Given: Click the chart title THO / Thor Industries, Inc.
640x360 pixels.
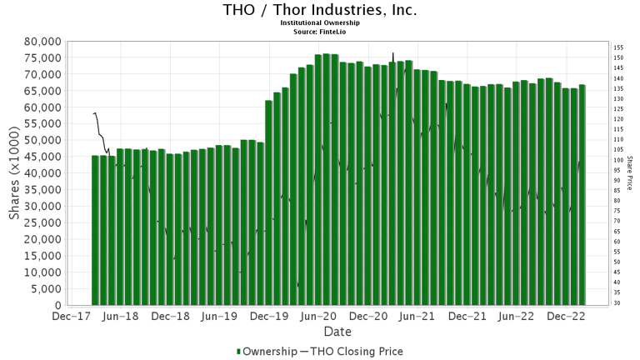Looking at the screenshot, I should pos(320,10).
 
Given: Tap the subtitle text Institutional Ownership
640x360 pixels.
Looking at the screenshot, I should pos(320,23).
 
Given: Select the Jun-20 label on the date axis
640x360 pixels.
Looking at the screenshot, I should pos(319,317).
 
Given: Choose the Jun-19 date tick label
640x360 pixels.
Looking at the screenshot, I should pos(220,317).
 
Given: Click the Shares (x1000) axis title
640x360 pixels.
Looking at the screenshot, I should pos(15,173).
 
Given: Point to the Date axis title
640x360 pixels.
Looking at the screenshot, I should pos(320,332).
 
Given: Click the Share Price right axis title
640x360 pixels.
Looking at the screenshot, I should pos(631,173).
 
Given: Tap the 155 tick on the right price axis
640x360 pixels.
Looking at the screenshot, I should pos(619,48).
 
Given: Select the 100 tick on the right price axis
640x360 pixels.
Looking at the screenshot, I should pos(619,160).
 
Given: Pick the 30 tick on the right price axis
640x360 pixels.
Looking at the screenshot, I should pos(617,303).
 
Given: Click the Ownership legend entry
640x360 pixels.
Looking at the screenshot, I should pos(270,352).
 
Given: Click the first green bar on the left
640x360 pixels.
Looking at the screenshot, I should pos(95,230).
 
